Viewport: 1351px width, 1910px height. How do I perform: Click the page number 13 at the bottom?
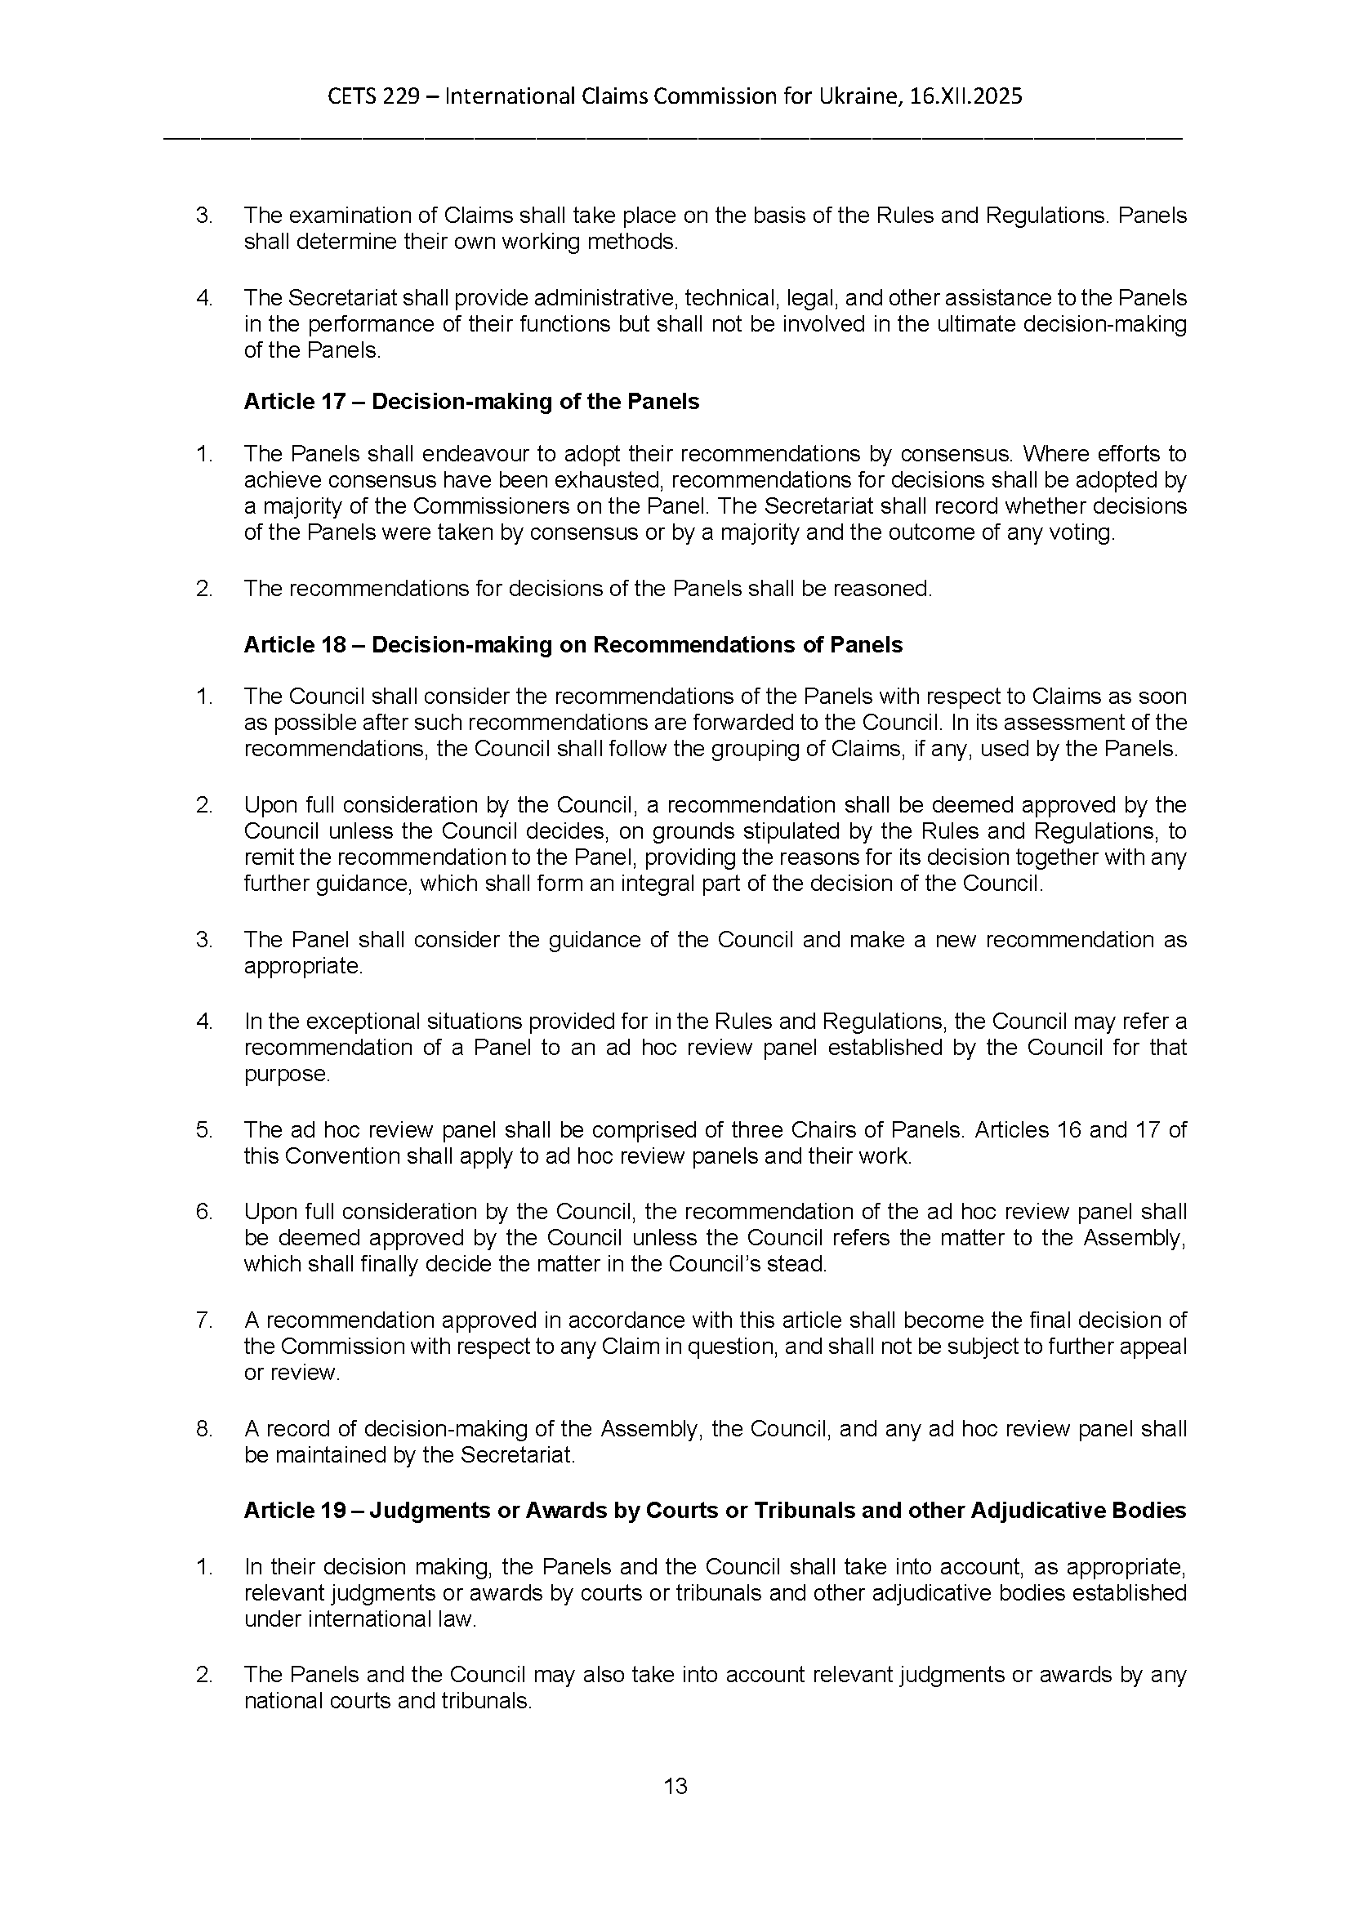pyautogui.click(x=675, y=1786)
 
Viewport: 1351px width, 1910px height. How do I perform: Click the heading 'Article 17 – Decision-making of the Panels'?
pyautogui.click(x=470, y=402)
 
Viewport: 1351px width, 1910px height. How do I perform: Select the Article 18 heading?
pyautogui.click(x=573, y=645)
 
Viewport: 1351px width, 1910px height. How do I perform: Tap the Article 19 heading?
pyautogui.click(x=714, y=1510)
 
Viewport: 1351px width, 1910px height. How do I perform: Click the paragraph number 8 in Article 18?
pyautogui.click(x=204, y=1429)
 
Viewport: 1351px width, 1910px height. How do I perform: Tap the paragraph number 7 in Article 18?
pyautogui.click(x=204, y=1320)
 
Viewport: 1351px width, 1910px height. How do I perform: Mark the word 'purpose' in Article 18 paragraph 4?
pyautogui.click(x=285, y=1073)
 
